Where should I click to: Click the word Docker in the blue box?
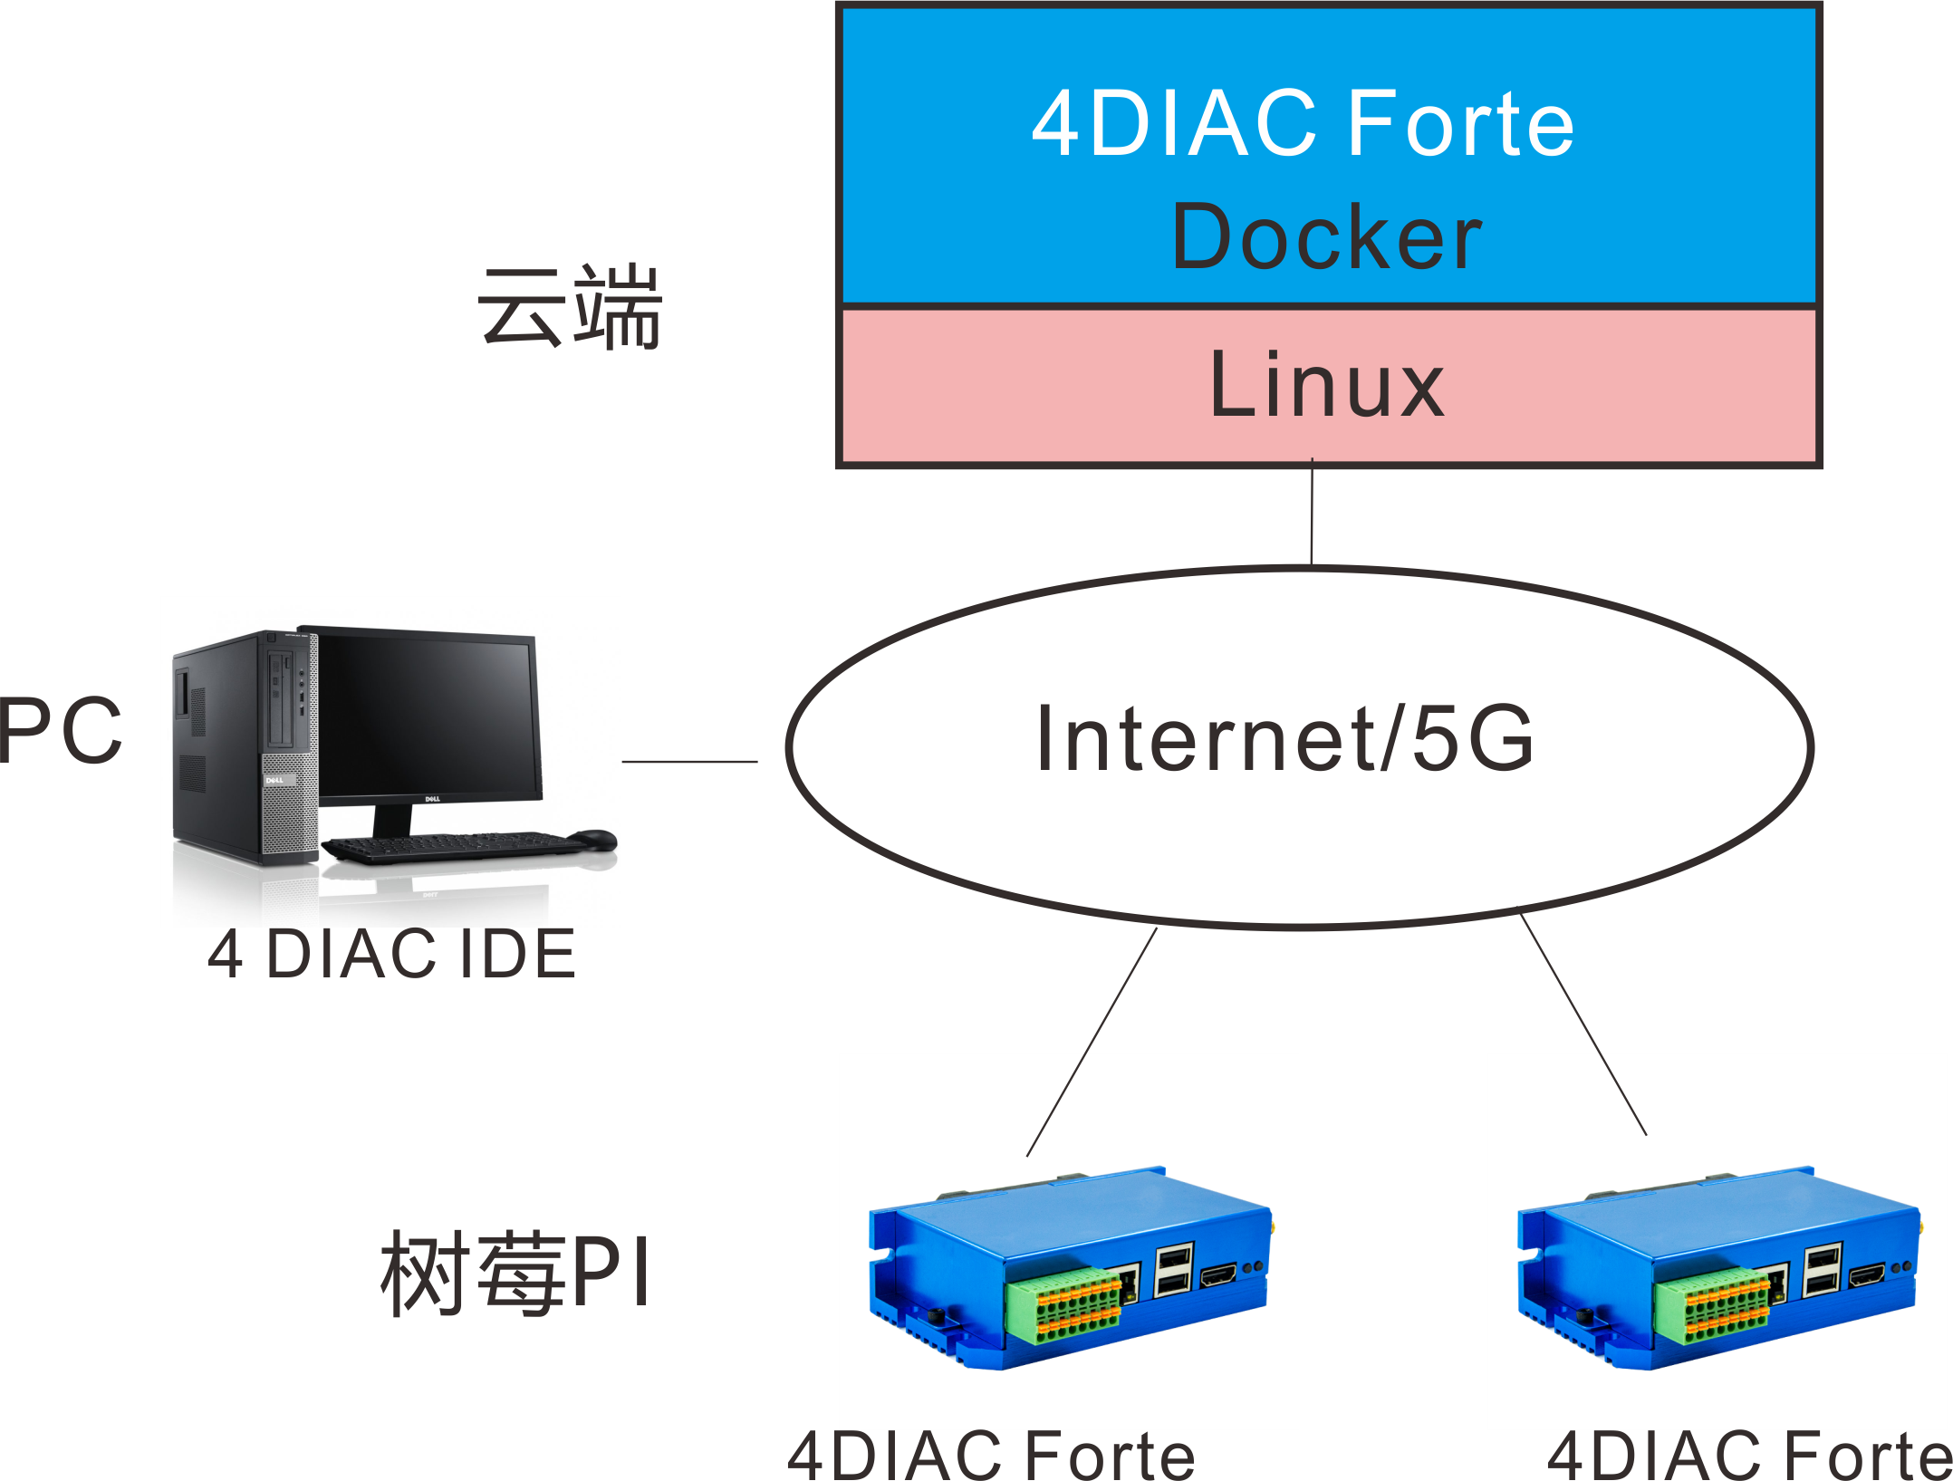(x=1326, y=237)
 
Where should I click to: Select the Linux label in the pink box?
(x=1326, y=386)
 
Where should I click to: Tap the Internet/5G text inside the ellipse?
(x=1284, y=739)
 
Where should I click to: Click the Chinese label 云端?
(x=571, y=308)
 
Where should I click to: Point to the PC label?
(x=60, y=730)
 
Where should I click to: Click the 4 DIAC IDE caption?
(x=391, y=954)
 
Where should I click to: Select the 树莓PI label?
(x=515, y=1273)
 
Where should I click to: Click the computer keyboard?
(x=453, y=846)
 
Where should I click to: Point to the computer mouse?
(x=592, y=839)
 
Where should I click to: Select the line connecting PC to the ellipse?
(x=689, y=762)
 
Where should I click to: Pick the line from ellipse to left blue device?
(x=1092, y=1042)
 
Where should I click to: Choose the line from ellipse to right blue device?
(x=1583, y=1025)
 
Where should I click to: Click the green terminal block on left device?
(x=1065, y=1305)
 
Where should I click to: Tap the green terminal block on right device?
(x=1712, y=1305)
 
